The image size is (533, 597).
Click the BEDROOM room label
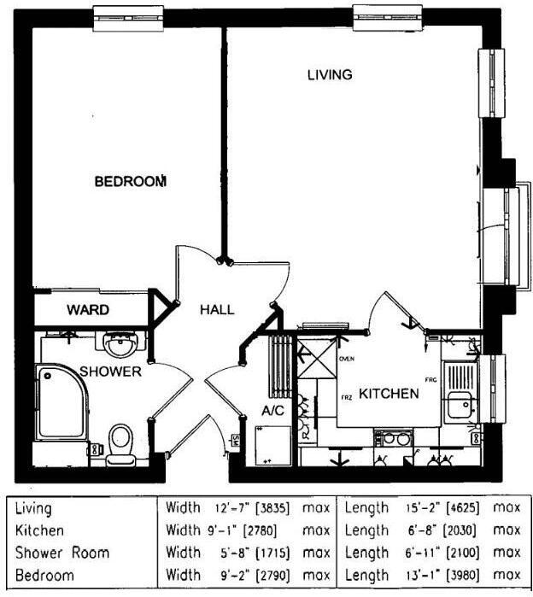tap(129, 181)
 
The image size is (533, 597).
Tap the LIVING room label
tap(330, 75)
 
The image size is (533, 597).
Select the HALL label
tap(217, 310)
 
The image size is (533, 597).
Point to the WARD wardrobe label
tap(88, 309)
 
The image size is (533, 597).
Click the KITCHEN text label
tap(388, 394)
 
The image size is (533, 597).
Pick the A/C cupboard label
tap(272, 411)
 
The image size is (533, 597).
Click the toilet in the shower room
tap(120, 442)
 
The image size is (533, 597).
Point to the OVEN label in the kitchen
tap(346, 360)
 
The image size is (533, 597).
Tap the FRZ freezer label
tap(347, 397)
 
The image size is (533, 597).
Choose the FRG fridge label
tap(430, 378)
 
